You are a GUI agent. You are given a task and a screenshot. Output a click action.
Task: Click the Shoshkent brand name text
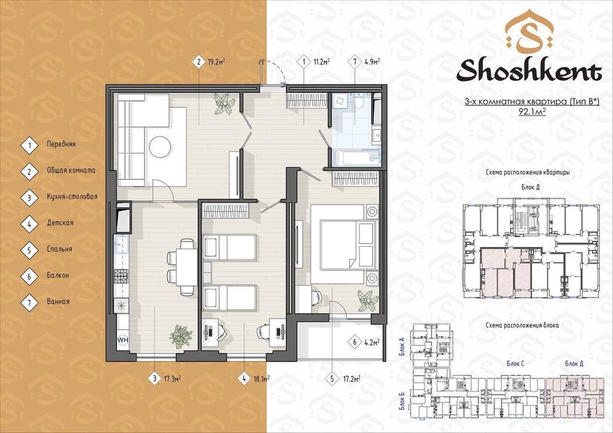(x=529, y=72)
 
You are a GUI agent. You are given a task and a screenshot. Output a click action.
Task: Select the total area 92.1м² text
(x=529, y=112)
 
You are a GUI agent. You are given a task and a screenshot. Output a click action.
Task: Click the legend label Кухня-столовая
(x=71, y=197)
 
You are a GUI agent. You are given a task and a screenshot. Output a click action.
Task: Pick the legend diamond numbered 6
(x=29, y=275)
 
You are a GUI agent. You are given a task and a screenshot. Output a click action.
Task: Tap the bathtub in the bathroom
(x=355, y=158)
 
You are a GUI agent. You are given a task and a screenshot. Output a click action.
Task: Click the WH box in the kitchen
(x=122, y=340)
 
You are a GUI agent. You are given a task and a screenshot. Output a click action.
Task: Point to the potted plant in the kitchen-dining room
(x=180, y=335)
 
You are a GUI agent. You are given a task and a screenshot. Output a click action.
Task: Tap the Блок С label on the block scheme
(x=515, y=364)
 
